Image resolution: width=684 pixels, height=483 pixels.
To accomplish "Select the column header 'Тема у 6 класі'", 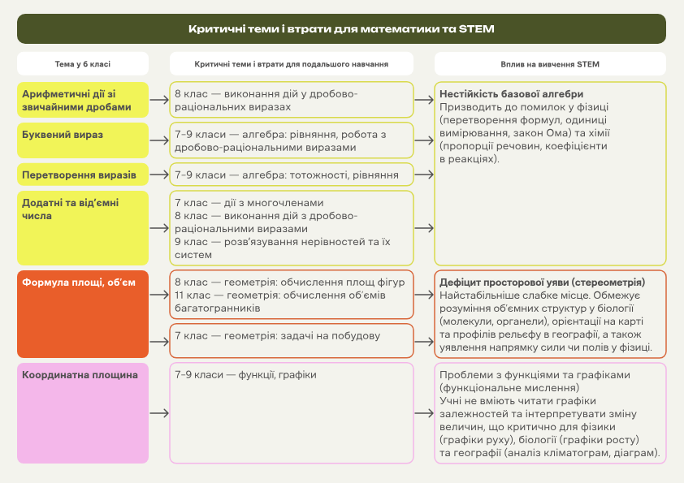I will (x=82, y=63).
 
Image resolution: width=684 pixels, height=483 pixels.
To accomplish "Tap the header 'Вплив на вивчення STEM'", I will (x=550, y=63).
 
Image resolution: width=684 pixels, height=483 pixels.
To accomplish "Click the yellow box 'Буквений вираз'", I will (x=82, y=140).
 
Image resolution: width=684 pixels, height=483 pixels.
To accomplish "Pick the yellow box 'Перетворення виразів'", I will (x=82, y=175).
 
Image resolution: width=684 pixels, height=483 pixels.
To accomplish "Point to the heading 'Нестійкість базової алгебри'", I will (x=511, y=94).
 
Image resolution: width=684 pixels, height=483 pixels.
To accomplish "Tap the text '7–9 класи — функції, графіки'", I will (x=245, y=374).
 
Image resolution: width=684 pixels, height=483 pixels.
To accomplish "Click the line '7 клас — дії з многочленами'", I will (x=249, y=203).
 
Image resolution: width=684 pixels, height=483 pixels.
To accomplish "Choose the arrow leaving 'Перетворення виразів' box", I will (x=158, y=175).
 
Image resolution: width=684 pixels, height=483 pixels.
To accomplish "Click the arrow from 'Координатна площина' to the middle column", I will (x=158, y=413).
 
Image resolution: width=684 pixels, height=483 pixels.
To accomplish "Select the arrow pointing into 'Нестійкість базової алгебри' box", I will (x=424, y=101).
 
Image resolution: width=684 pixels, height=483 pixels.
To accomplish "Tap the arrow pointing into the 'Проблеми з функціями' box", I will (x=424, y=413).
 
